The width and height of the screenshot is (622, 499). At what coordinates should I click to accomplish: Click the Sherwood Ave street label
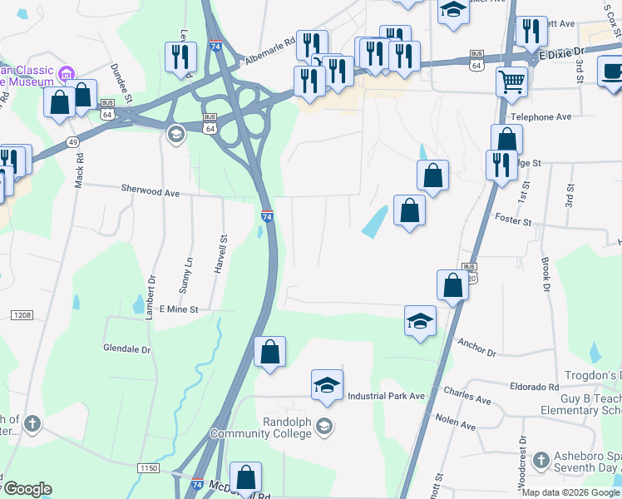click(x=151, y=192)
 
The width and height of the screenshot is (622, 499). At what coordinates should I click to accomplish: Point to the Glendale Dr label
click(x=126, y=348)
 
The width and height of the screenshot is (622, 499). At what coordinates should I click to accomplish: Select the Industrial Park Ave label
click(x=387, y=396)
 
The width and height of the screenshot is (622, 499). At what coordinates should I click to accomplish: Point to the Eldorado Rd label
click(x=536, y=387)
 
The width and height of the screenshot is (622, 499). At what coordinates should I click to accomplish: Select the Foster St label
click(x=512, y=222)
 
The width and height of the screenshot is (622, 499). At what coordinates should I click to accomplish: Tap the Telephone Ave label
click(x=541, y=117)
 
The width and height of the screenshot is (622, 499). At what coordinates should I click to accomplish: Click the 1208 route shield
click(x=22, y=314)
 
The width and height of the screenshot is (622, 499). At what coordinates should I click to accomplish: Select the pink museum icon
click(x=69, y=72)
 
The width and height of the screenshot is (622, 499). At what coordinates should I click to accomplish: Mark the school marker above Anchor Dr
click(x=421, y=321)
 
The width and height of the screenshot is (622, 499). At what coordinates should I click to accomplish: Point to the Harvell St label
click(x=222, y=249)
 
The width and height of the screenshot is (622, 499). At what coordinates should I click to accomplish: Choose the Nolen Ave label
click(x=455, y=425)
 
